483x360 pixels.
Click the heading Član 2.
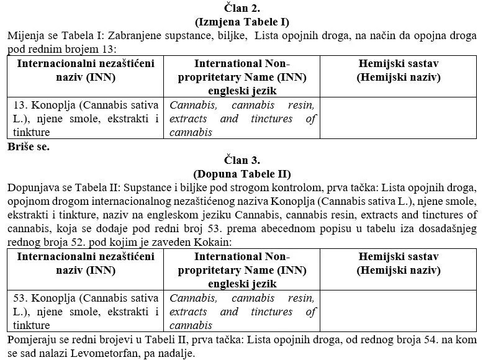point(241,9)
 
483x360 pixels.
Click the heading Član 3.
point(241,160)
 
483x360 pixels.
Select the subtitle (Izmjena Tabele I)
point(241,22)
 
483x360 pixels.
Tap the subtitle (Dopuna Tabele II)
point(241,174)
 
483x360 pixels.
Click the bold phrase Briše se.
point(29,147)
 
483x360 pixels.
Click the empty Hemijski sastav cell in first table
point(399,118)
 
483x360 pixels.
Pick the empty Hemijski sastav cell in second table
point(399,311)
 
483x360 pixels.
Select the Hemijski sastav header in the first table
point(399,70)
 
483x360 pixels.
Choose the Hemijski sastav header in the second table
point(399,263)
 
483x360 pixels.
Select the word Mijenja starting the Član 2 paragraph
point(25,36)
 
